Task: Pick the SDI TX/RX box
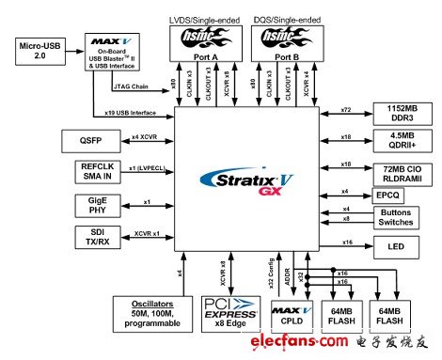click(59, 235)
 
